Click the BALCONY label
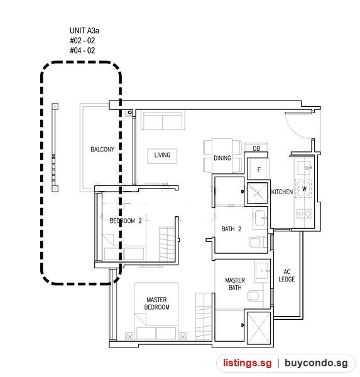[x=102, y=150]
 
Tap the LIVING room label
[x=162, y=155]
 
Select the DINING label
[x=222, y=158]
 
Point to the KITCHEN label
[x=282, y=192]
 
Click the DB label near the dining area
[x=256, y=148]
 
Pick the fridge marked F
[x=258, y=169]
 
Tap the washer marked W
[x=303, y=188]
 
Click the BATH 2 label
[x=231, y=229]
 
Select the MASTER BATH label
[x=235, y=284]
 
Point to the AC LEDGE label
[x=286, y=276]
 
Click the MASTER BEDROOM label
[x=156, y=303]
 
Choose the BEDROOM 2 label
[x=126, y=221]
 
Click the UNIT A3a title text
[x=84, y=31]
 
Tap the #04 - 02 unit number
[x=82, y=50]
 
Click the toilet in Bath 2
[x=258, y=242]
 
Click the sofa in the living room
[x=163, y=121]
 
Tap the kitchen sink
[x=305, y=167]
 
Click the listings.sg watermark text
[x=247, y=363]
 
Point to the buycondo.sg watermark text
[x=316, y=363]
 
